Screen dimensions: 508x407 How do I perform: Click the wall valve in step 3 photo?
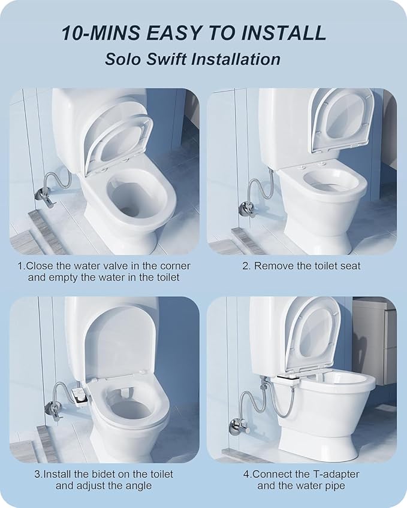(x=50, y=409)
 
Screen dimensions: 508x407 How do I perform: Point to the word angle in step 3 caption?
(x=138, y=485)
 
